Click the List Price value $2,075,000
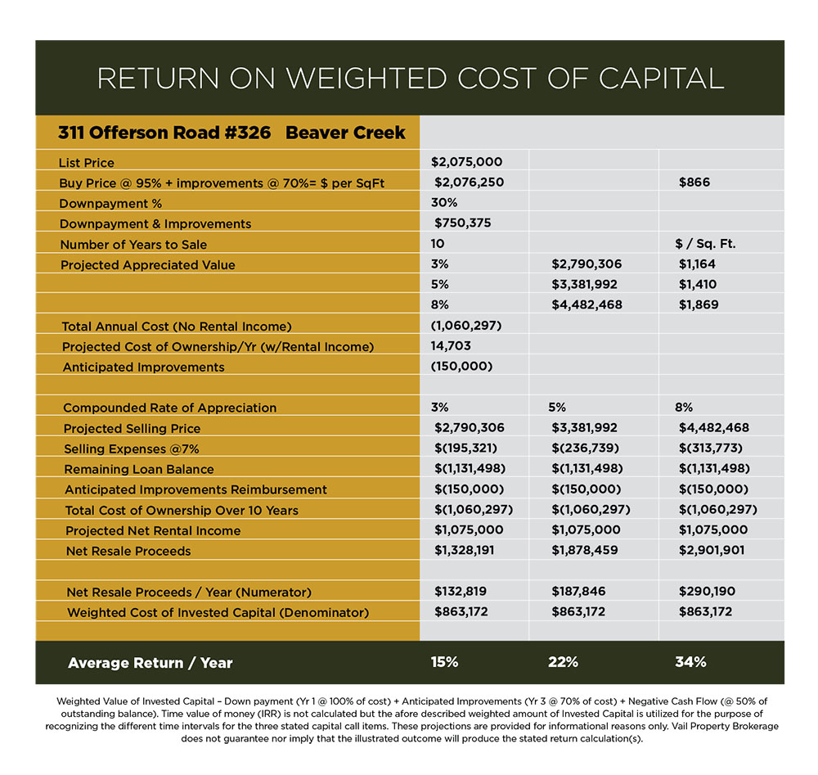click(x=466, y=162)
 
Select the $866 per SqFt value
click(x=694, y=182)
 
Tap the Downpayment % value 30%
click(x=443, y=203)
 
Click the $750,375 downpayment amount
click(x=462, y=223)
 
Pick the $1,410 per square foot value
click(x=697, y=285)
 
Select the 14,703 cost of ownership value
click(x=451, y=346)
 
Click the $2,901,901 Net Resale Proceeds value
click(x=712, y=551)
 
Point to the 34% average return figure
click(x=690, y=662)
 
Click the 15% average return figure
click(x=445, y=662)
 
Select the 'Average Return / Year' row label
click(x=150, y=663)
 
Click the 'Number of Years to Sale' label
click(x=133, y=244)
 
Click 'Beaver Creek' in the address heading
click(x=345, y=133)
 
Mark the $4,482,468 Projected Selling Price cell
click(x=714, y=428)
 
